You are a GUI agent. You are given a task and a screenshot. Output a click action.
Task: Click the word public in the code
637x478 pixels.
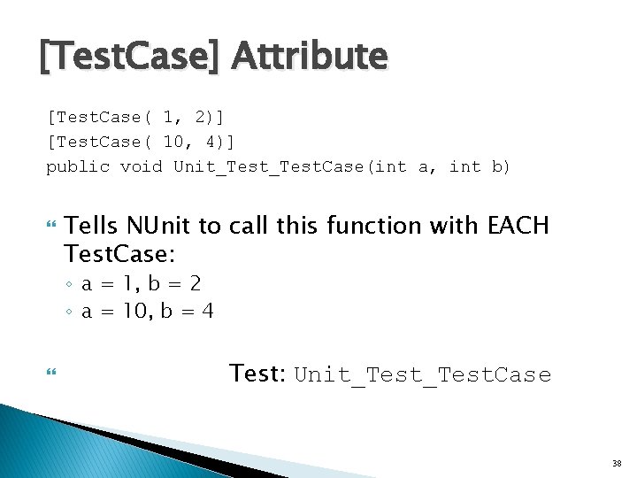coord(78,166)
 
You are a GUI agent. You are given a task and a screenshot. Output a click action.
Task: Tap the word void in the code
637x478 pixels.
coord(142,166)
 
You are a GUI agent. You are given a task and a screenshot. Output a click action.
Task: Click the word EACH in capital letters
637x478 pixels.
coord(518,227)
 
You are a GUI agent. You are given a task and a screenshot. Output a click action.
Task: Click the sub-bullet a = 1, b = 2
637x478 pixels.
coord(141,284)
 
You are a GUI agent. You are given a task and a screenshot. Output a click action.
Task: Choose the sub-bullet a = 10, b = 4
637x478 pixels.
coord(147,311)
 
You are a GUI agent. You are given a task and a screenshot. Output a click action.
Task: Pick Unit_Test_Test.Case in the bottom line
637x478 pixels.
coord(422,375)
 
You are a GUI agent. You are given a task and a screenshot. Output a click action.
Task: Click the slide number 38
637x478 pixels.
coord(617,463)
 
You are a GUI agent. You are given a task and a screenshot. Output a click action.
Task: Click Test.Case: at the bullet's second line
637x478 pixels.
coord(120,255)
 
